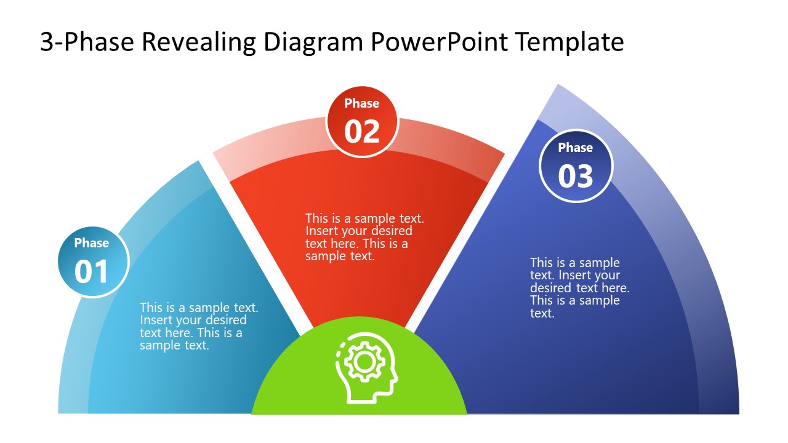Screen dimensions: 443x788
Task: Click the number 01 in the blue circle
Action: (92, 272)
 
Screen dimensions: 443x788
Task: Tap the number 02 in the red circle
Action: (362, 131)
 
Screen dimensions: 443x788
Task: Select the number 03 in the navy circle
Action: (576, 176)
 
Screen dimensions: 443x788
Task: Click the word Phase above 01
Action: (92, 243)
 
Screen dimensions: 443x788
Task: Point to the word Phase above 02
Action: (362, 103)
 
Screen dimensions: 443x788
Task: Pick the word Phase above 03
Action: (576, 148)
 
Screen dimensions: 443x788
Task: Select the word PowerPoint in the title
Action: (441, 42)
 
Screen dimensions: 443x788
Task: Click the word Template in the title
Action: (569, 42)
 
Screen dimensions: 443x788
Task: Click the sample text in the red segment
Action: (364, 237)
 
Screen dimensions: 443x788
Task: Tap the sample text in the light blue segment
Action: (198, 326)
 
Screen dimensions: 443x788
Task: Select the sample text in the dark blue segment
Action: (579, 288)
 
